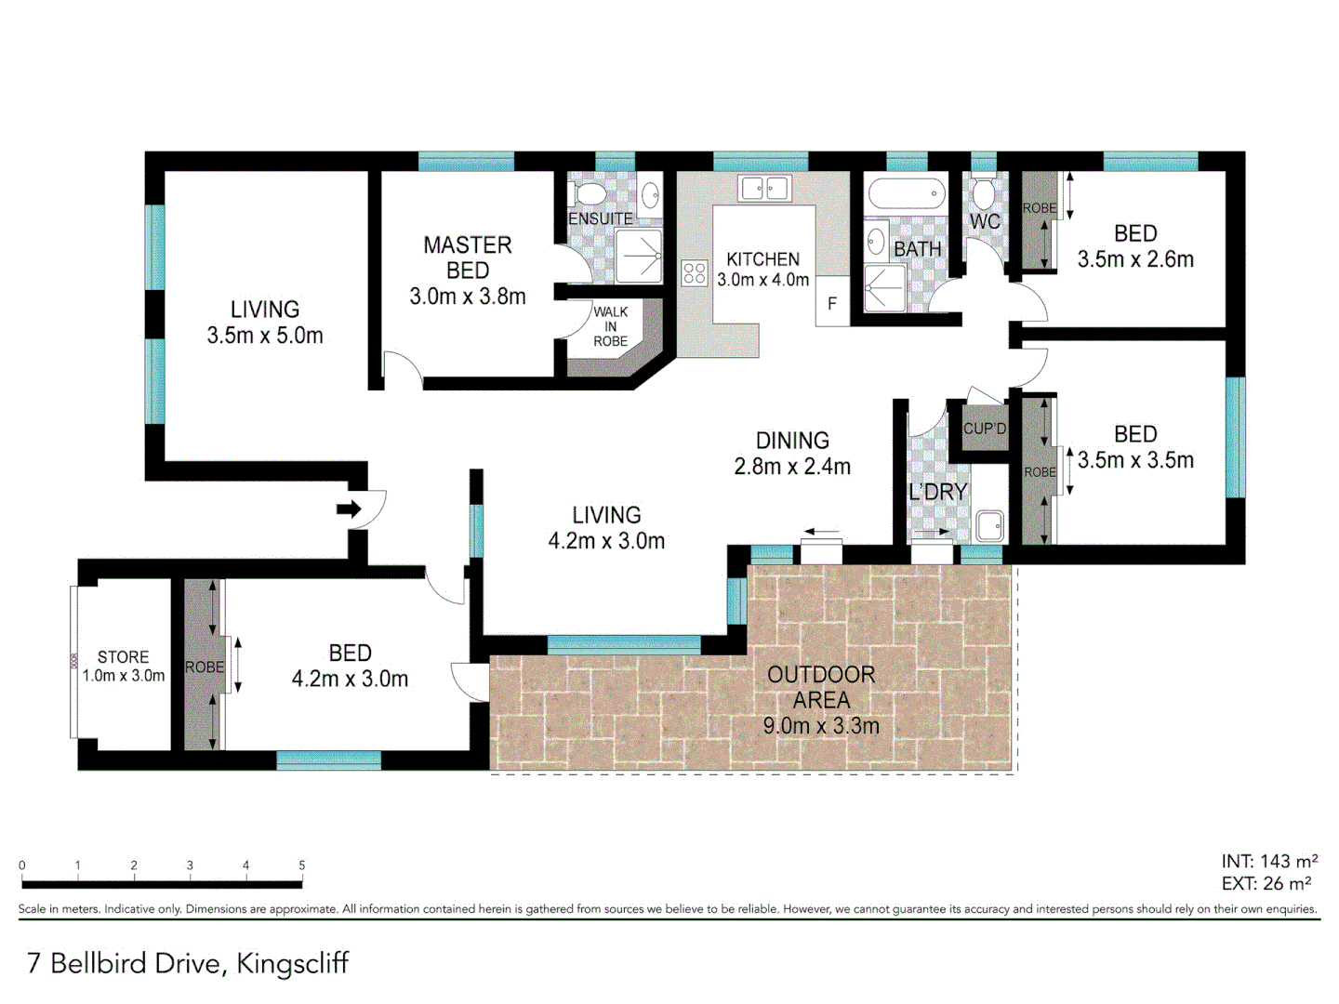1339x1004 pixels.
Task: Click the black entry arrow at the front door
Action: coord(349,509)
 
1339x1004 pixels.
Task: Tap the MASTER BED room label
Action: coord(467,258)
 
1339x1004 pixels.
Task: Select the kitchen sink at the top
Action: coord(764,189)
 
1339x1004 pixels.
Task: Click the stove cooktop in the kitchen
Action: coord(695,272)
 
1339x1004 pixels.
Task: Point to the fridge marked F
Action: coord(832,303)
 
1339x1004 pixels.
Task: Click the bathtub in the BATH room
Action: coord(906,195)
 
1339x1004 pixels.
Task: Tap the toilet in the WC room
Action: coord(983,193)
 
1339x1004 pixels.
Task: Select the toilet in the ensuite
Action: coord(588,193)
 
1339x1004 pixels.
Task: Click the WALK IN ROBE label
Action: coord(610,326)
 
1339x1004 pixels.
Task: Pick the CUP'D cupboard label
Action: coord(985,429)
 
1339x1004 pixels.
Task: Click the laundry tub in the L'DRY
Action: coord(989,526)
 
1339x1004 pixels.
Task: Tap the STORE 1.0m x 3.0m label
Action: coord(124,667)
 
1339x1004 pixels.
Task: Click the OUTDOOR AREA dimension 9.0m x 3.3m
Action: coord(821,726)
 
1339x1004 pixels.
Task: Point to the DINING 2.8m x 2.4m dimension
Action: coord(792,467)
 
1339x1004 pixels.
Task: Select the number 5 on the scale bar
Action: coord(301,865)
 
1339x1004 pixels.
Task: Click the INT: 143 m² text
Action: coord(1269,862)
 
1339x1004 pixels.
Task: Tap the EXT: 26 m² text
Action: coord(1266,884)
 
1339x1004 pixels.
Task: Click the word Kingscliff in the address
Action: coord(292,963)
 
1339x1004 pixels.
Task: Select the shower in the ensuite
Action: coord(639,255)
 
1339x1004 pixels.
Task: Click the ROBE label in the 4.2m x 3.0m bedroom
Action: coord(205,667)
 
